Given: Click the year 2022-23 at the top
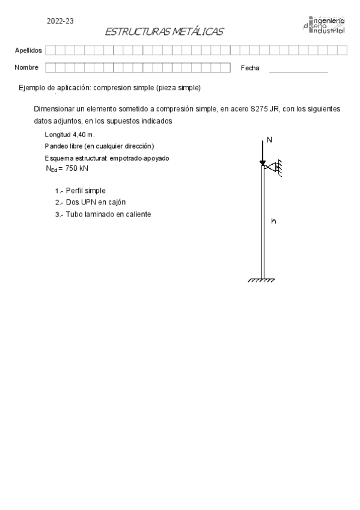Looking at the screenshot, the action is click(60, 21).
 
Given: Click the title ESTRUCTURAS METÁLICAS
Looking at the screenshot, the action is click(163, 32).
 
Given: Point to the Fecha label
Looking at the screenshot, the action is click(251, 69).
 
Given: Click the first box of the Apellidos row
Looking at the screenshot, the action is click(50, 51).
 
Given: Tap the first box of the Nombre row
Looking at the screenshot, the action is click(50, 67).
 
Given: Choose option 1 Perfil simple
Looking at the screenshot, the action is click(80, 190).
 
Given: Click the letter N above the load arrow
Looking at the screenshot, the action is click(269, 140).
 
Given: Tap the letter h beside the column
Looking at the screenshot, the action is click(273, 221).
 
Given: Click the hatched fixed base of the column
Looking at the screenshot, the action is click(262, 280).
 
